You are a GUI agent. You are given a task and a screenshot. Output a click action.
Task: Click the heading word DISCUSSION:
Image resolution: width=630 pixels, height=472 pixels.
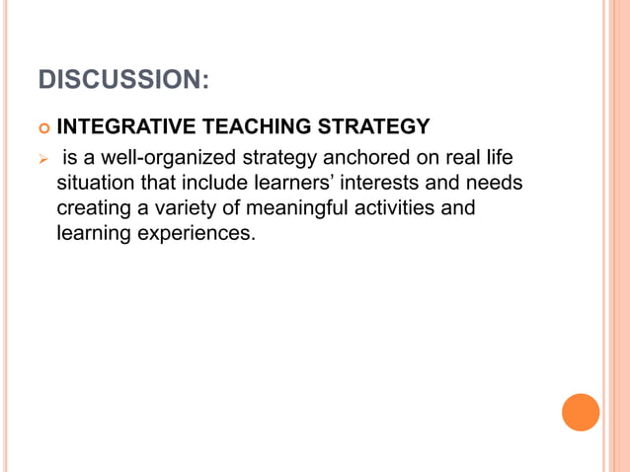[123, 78]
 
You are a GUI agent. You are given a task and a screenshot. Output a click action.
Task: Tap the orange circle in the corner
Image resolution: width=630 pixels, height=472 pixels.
[581, 412]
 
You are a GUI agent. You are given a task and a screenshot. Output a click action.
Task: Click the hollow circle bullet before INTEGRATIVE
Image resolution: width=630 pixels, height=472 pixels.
[41, 128]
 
